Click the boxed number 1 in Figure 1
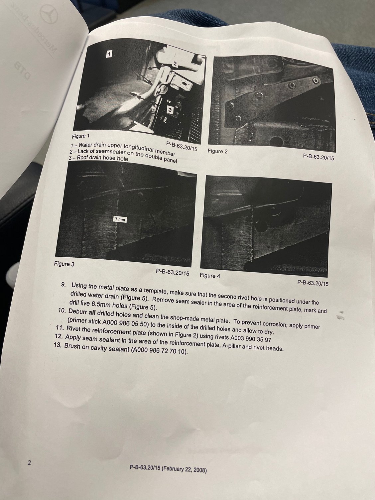point(109,54)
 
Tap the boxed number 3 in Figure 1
point(170,110)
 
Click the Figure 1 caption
point(80,136)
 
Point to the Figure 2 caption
point(217,151)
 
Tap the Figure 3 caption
point(64,264)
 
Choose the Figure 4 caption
point(210,276)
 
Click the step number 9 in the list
point(64,285)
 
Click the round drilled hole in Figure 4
point(261,225)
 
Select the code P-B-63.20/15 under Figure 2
point(318,157)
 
